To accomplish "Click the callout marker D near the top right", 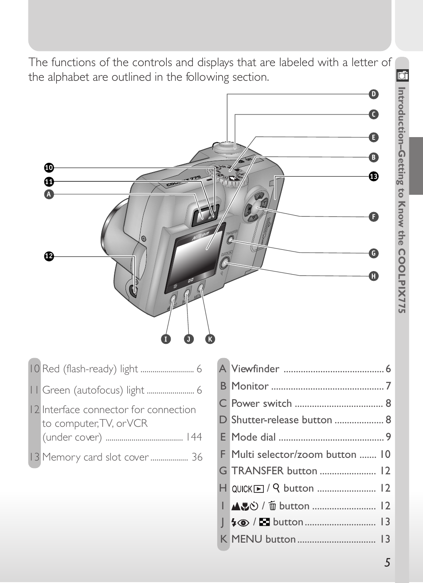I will (x=373, y=94).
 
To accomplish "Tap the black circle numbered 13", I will (x=373, y=177).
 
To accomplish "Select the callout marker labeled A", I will (x=49, y=194).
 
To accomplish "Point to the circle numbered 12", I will (x=49, y=256).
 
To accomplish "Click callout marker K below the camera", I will (x=210, y=339).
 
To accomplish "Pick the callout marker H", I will (x=373, y=276).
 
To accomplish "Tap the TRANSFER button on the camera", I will (x=230, y=240).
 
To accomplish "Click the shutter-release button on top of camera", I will (x=227, y=146).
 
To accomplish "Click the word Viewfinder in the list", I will (x=255, y=369).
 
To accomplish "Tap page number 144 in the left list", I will (x=194, y=437).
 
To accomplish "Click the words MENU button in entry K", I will (x=263, y=539).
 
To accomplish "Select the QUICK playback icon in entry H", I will (x=248, y=489).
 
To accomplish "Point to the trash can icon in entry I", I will (x=272, y=506).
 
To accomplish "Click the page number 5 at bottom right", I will (x=388, y=563).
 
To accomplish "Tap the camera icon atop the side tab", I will (x=403, y=76).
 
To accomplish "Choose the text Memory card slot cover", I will (x=95, y=457).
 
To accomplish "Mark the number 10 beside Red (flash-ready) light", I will (x=34, y=369).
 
